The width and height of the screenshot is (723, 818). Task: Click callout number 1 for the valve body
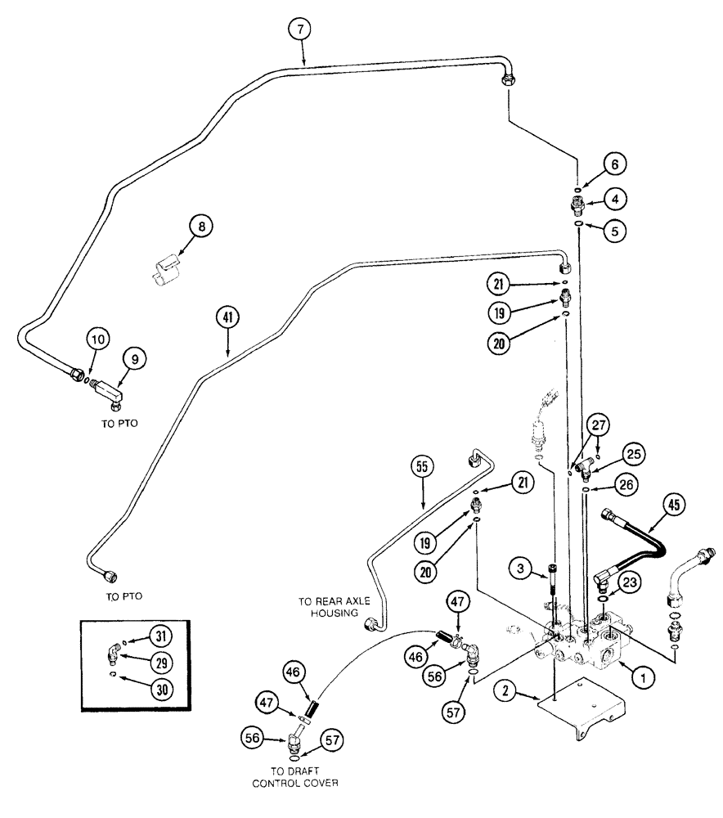click(x=643, y=676)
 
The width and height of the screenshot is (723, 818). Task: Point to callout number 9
click(x=133, y=357)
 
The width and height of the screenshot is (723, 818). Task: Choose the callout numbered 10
click(x=98, y=339)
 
